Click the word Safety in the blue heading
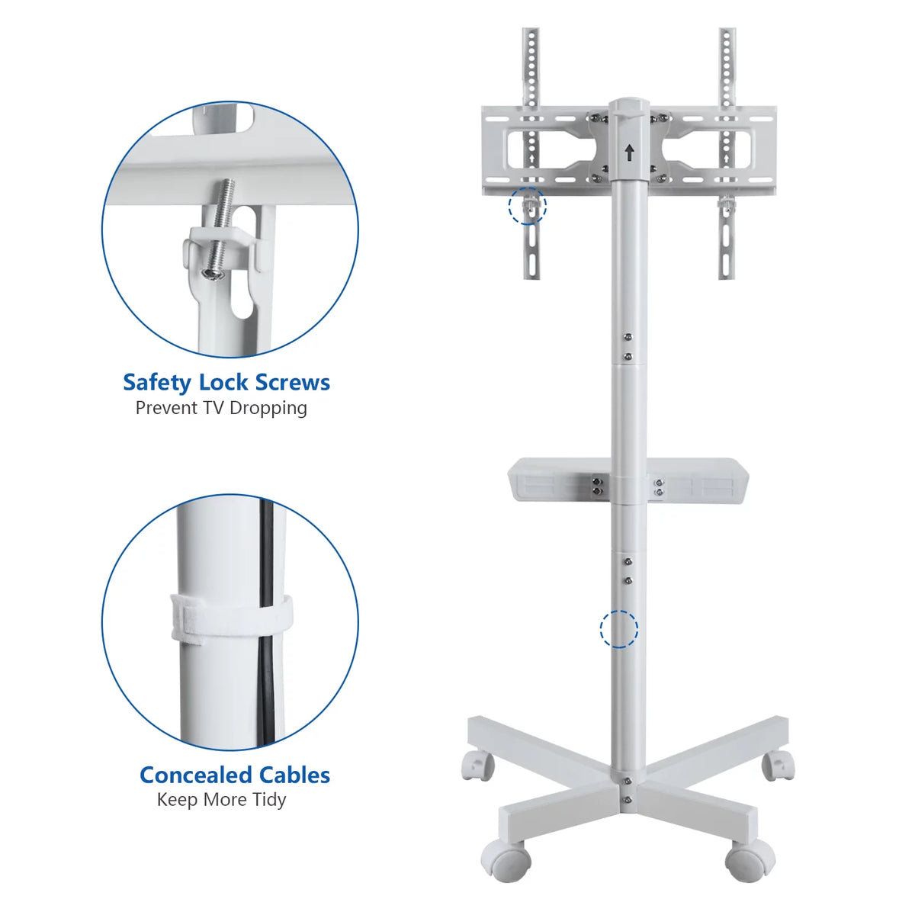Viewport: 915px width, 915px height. click(x=158, y=384)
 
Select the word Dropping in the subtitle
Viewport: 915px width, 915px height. click(x=268, y=409)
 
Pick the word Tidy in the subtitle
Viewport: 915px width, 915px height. click(x=269, y=801)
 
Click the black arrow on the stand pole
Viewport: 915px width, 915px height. click(x=630, y=153)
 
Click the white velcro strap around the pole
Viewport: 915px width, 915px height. click(x=231, y=617)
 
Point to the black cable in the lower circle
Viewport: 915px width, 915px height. click(x=267, y=618)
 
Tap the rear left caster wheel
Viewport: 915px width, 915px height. click(x=477, y=766)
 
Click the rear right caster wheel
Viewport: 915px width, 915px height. click(x=779, y=766)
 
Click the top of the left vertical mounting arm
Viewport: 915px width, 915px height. click(x=531, y=30)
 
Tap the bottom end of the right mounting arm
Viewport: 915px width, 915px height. click(x=727, y=275)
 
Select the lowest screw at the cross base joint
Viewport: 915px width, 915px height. click(x=628, y=800)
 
